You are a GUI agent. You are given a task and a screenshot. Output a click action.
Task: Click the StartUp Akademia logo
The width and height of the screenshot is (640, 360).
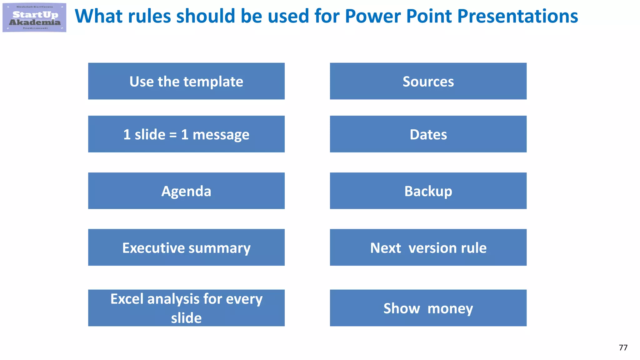(x=34, y=17)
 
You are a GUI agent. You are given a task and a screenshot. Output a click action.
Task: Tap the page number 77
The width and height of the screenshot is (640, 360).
(x=623, y=347)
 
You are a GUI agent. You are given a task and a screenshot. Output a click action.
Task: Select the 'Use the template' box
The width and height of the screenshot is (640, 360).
(x=186, y=81)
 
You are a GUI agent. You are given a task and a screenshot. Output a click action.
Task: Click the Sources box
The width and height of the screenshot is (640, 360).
(x=428, y=81)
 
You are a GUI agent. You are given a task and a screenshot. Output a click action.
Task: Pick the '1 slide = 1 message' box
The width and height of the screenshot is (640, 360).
(x=186, y=134)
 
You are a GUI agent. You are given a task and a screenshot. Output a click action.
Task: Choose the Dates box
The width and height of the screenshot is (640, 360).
(x=428, y=134)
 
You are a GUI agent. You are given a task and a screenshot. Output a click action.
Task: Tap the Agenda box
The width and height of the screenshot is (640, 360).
(x=186, y=191)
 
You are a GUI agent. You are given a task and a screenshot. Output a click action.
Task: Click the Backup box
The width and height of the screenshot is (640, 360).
(x=428, y=191)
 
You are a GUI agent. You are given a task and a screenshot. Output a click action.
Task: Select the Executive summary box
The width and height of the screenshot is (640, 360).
(x=186, y=247)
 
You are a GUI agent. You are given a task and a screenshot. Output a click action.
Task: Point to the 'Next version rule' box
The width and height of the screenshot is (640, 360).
(x=428, y=247)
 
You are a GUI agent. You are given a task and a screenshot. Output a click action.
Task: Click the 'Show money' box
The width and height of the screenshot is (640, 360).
(x=428, y=308)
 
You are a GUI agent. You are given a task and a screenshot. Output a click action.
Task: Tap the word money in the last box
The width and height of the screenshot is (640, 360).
(x=450, y=309)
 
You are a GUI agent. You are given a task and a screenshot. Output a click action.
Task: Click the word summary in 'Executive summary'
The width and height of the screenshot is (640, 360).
(x=219, y=248)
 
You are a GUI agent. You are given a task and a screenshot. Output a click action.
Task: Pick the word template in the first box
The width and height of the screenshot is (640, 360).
(x=213, y=82)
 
